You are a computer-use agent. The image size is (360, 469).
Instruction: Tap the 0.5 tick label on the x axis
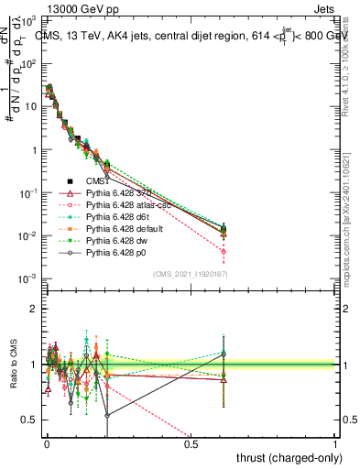[191, 444]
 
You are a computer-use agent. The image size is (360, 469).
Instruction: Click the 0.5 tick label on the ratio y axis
[29, 420]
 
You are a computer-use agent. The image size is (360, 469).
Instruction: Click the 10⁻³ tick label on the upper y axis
[28, 278]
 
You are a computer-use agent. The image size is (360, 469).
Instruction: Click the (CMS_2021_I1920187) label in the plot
[190, 274]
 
